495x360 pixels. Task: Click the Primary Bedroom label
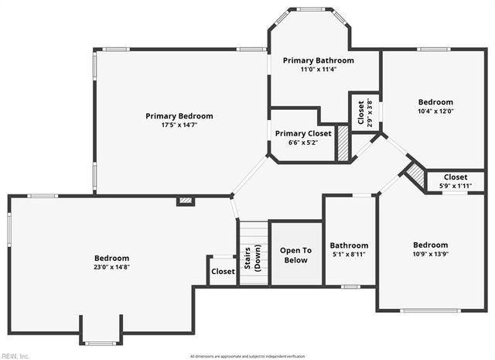pyautogui.click(x=179, y=116)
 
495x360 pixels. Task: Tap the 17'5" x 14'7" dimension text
pyautogui.click(x=179, y=125)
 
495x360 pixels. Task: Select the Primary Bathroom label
pyautogui.click(x=318, y=60)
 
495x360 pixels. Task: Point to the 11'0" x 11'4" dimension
pyautogui.click(x=318, y=70)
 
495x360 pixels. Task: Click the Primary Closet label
pyautogui.click(x=303, y=133)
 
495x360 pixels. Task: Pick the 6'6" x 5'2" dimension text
pyautogui.click(x=303, y=142)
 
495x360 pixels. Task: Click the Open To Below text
pyautogui.click(x=295, y=255)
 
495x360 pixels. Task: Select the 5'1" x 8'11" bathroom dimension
pyautogui.click(x=349, y=254)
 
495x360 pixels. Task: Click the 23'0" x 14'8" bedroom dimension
pyautogui.click(x=112, y=268)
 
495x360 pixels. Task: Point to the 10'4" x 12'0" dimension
pyautogui.click(x=435, y=111)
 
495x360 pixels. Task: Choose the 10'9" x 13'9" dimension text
pyautogui.click(x=430, y=254)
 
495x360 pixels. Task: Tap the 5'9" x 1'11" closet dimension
pyautogui.click(x=456, y=186)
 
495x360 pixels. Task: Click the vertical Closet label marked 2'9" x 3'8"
pyautogui.click(x=360, y=113)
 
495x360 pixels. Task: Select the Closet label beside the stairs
pyautogui.click(x=223, y=272)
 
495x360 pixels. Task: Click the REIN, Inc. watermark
pyautogui.click(x=15, y=355)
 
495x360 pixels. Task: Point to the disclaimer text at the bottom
pyautogui.click(x=247, y=355)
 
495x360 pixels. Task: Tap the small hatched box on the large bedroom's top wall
pyautogui.click(x=185, y=201)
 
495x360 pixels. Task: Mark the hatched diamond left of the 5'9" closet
pyautogui.click(x=417, y=177)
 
